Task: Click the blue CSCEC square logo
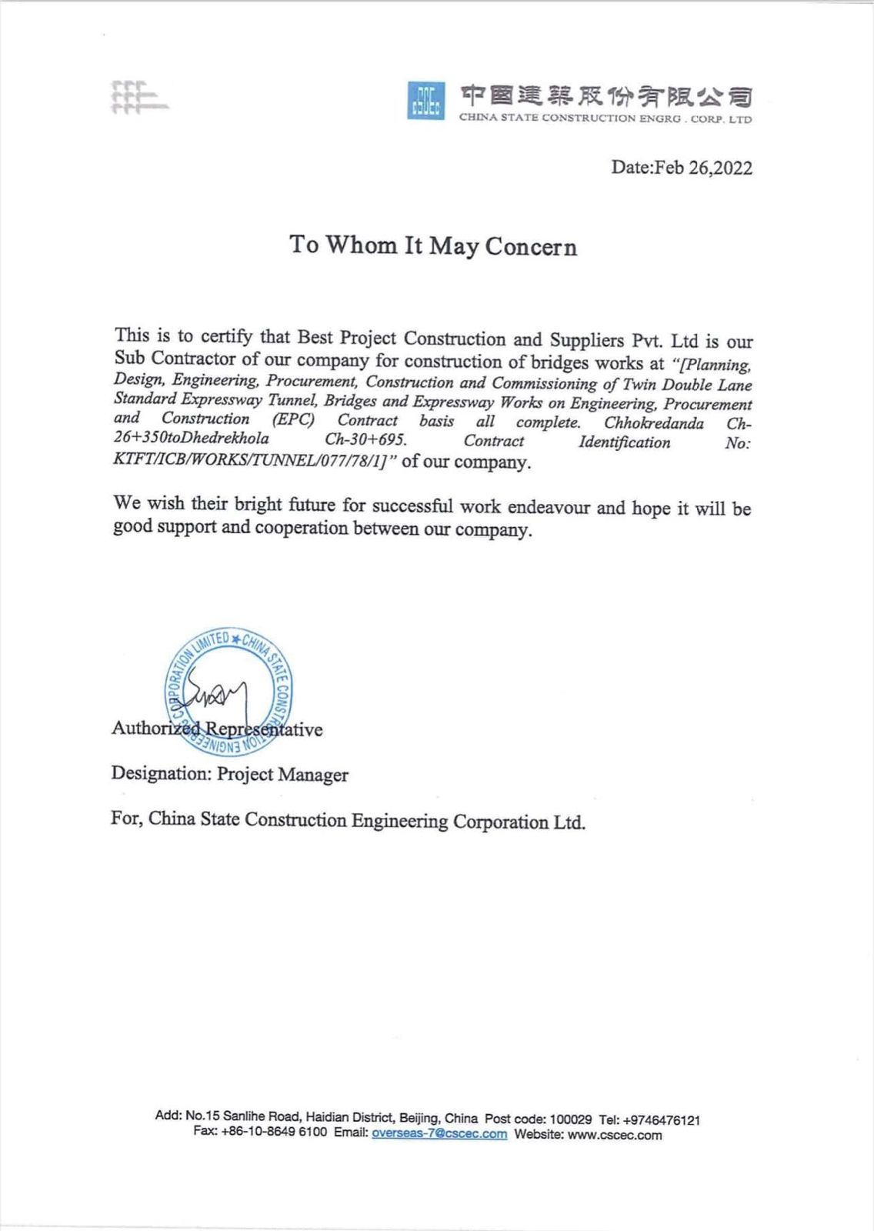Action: (x=425, y=101)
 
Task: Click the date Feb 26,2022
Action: (x=682, y=168)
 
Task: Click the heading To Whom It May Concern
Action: (x=433, y=245)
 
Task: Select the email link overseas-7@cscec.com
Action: (x=439, y=1134)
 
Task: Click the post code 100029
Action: (x=571, y=1119)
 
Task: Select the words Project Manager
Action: (x=282, y=775)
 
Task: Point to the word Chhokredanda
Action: (x=653, y=423)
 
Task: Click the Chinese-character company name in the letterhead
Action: (x=605, y=97)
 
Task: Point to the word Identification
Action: (x=624, y=442)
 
